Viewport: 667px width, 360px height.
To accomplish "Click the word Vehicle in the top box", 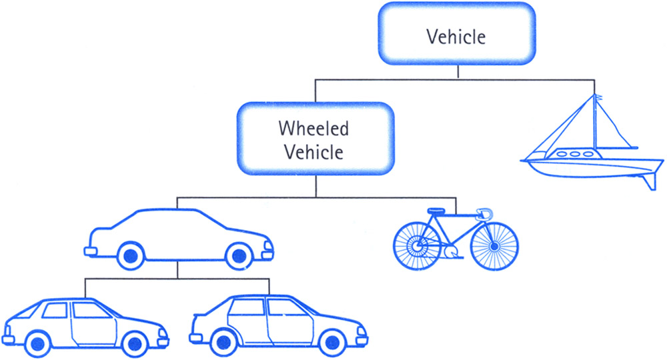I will (456, 36).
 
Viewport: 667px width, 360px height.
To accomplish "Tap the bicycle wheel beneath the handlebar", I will (494, 245).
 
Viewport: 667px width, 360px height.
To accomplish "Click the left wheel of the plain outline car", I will (131, 254).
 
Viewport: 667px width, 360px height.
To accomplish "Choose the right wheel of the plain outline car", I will (238, 254).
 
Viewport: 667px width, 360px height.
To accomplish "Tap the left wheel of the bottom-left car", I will (37, 343).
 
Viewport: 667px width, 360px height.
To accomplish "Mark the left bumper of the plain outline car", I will (89, 251).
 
